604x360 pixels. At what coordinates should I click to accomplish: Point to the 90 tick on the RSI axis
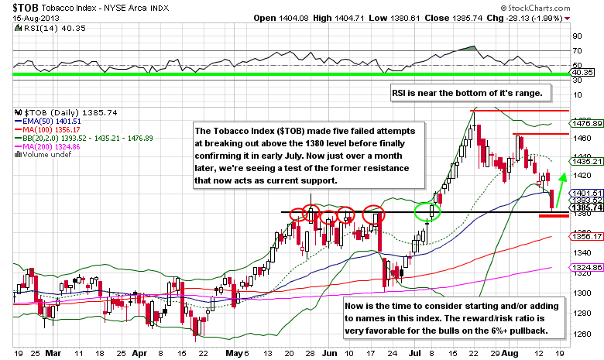(x=577, y=36)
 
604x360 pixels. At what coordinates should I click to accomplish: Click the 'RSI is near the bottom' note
(x=471, y=93)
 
